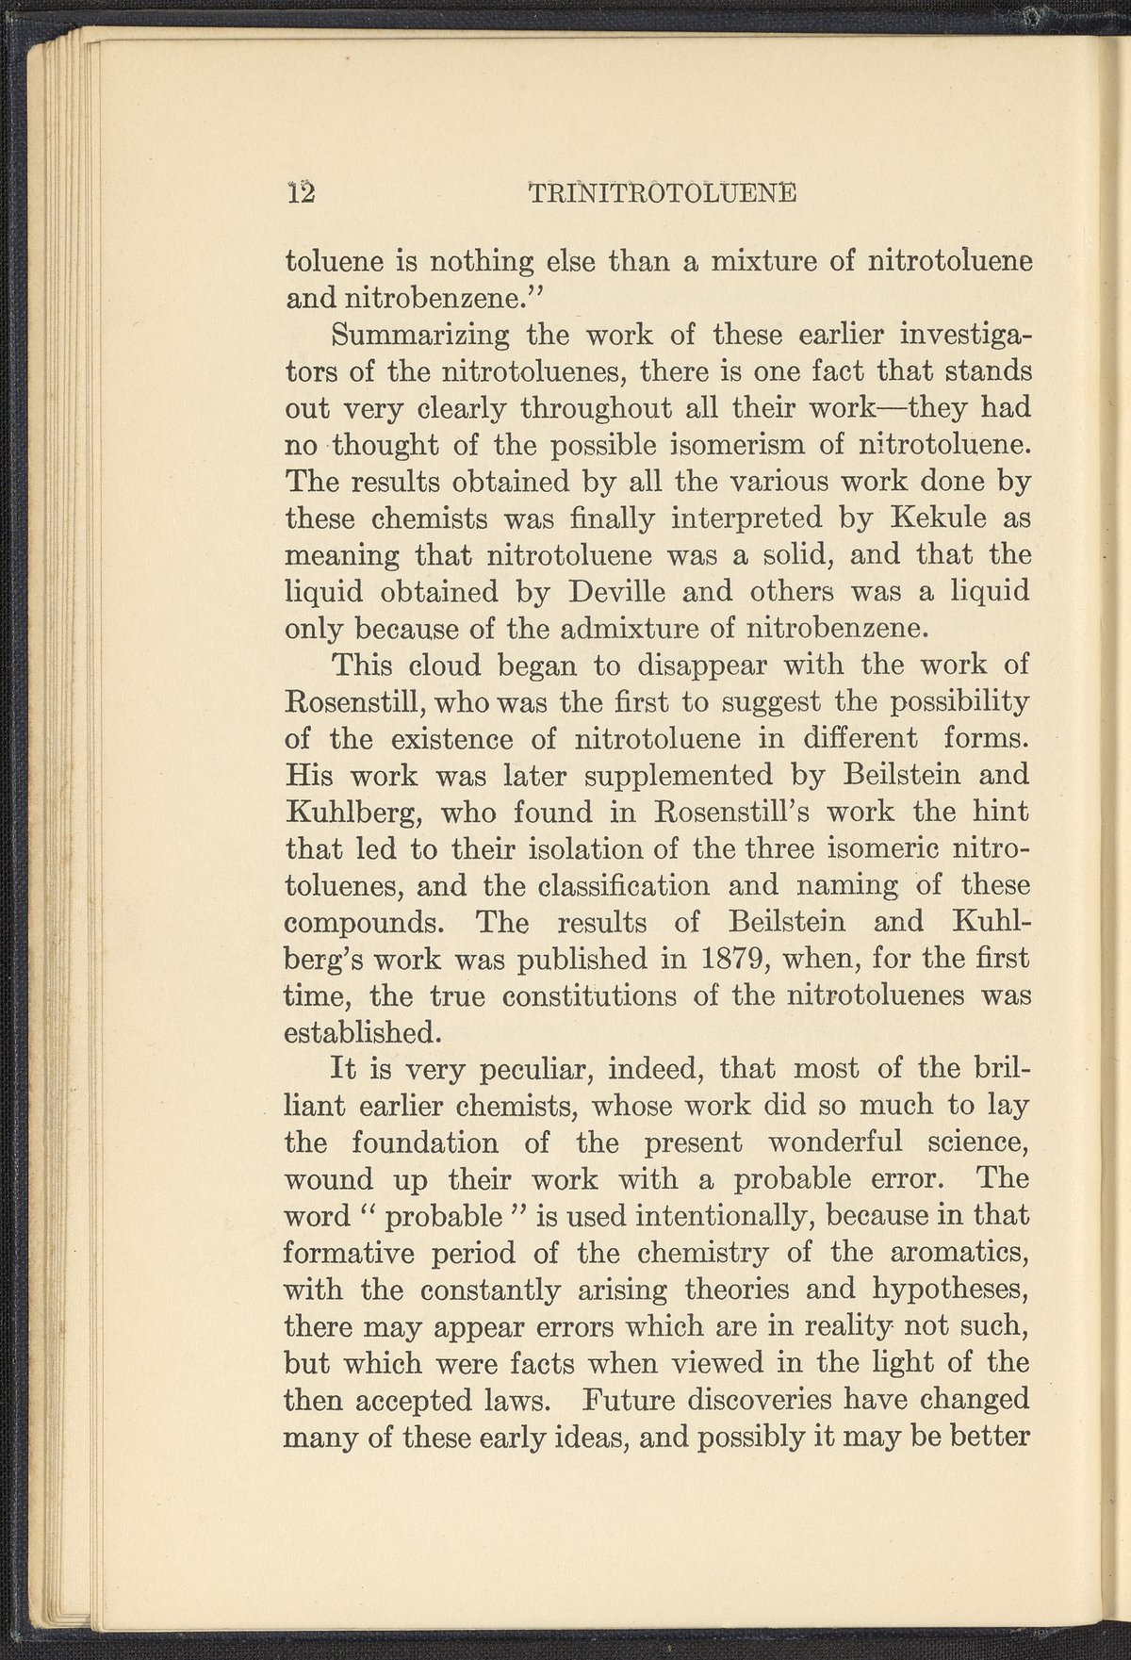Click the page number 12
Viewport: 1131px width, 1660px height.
point(303,192)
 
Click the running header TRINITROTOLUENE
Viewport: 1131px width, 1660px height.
point(663,192)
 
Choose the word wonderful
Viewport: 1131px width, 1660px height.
point(836,1143)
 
